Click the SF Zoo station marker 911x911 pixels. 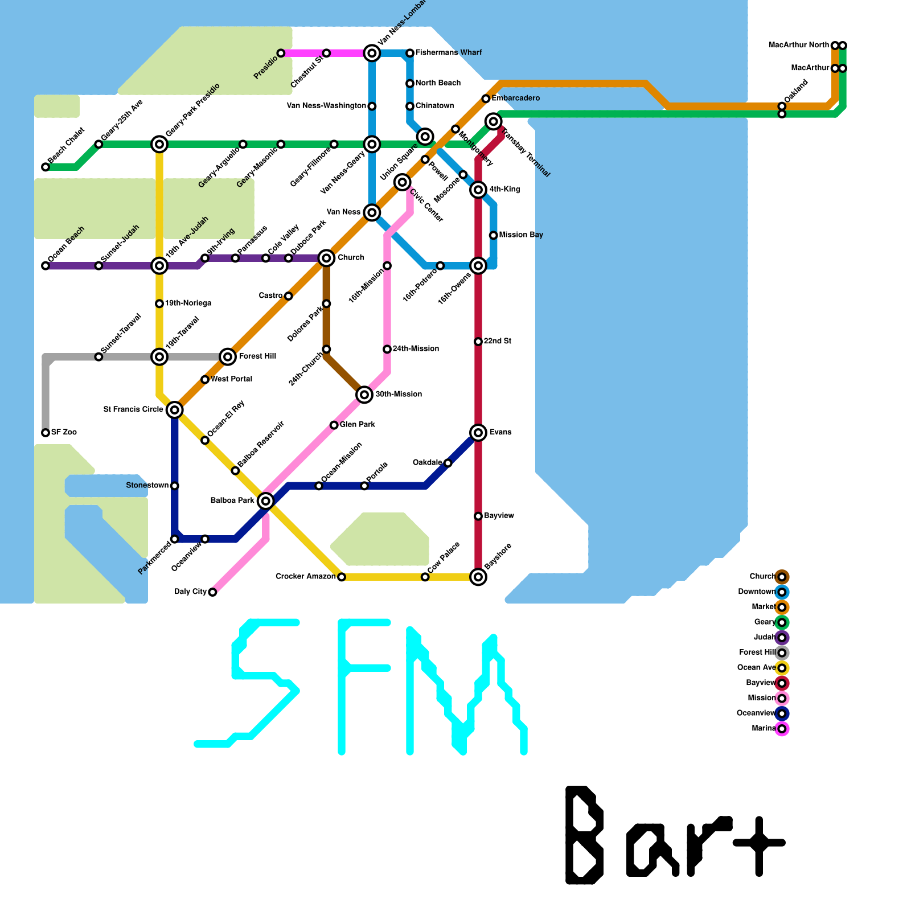click(x=46, y=433)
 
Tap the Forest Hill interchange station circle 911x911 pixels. click(x=228, y=357)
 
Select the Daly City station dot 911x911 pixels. click(x=212, y=592)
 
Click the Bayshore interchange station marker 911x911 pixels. click(x=478, y=577)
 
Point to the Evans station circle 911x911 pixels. click(x=478, y=433)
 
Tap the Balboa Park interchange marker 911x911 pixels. click(x=265, y=501)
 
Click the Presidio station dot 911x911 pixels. click(x=281, y=53)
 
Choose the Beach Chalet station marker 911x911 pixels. click(x=46, y=167)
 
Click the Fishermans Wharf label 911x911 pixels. click(x=448, y=52)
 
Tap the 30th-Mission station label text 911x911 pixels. click(x=399, y=394)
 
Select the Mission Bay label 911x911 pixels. click(x=520, y=235)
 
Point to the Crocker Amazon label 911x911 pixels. click(x=305, y=576)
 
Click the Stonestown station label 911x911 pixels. click(x=147, y=485)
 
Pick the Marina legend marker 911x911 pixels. click(x=782, y=729)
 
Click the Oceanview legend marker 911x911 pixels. click(x=782, y=713)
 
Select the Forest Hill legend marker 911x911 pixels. click(x=782, y=653)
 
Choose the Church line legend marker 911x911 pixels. click(x=782, y=577)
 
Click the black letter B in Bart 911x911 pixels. click(x=584, y=835)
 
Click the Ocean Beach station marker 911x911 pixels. click(x=46, y=266)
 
